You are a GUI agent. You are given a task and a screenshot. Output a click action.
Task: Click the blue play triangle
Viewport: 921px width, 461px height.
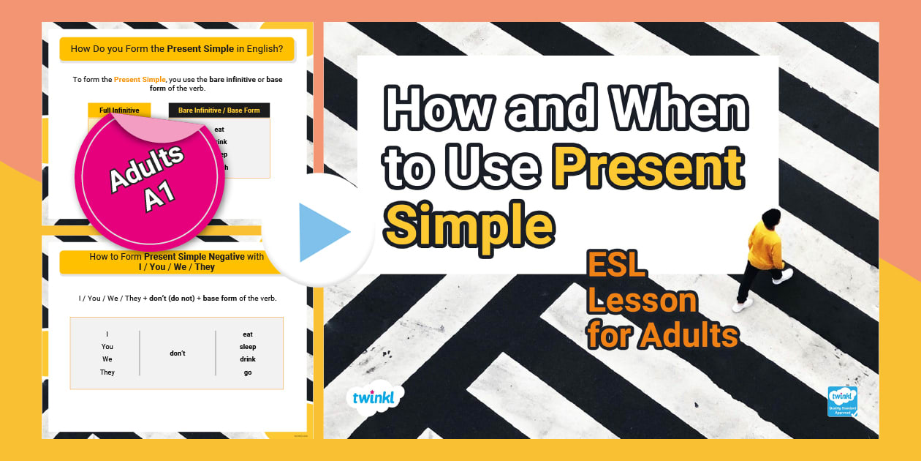point(322,232)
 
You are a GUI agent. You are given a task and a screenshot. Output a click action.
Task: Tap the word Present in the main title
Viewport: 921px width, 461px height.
point(651,169)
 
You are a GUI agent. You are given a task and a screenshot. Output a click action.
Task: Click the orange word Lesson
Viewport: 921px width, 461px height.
point(642,300)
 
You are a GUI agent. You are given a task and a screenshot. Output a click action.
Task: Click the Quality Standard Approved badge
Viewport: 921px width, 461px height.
point(841,401)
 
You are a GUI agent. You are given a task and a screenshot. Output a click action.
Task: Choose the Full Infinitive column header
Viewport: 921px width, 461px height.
point(119,110)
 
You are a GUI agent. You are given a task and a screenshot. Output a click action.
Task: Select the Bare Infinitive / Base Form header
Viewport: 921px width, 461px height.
point(219,110)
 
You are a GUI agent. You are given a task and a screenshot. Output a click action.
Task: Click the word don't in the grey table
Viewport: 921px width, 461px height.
point(178,353)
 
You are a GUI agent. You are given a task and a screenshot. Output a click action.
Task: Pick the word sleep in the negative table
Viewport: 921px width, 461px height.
point(248,347)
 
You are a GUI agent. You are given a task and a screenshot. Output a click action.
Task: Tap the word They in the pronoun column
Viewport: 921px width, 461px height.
point(107,372)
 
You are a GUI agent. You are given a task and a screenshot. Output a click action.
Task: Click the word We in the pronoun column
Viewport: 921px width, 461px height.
point(107,359)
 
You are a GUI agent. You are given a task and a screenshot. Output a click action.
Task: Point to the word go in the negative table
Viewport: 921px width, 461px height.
point(248,372)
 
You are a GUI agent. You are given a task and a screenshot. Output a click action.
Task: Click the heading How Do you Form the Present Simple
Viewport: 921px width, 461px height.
point(176,49)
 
